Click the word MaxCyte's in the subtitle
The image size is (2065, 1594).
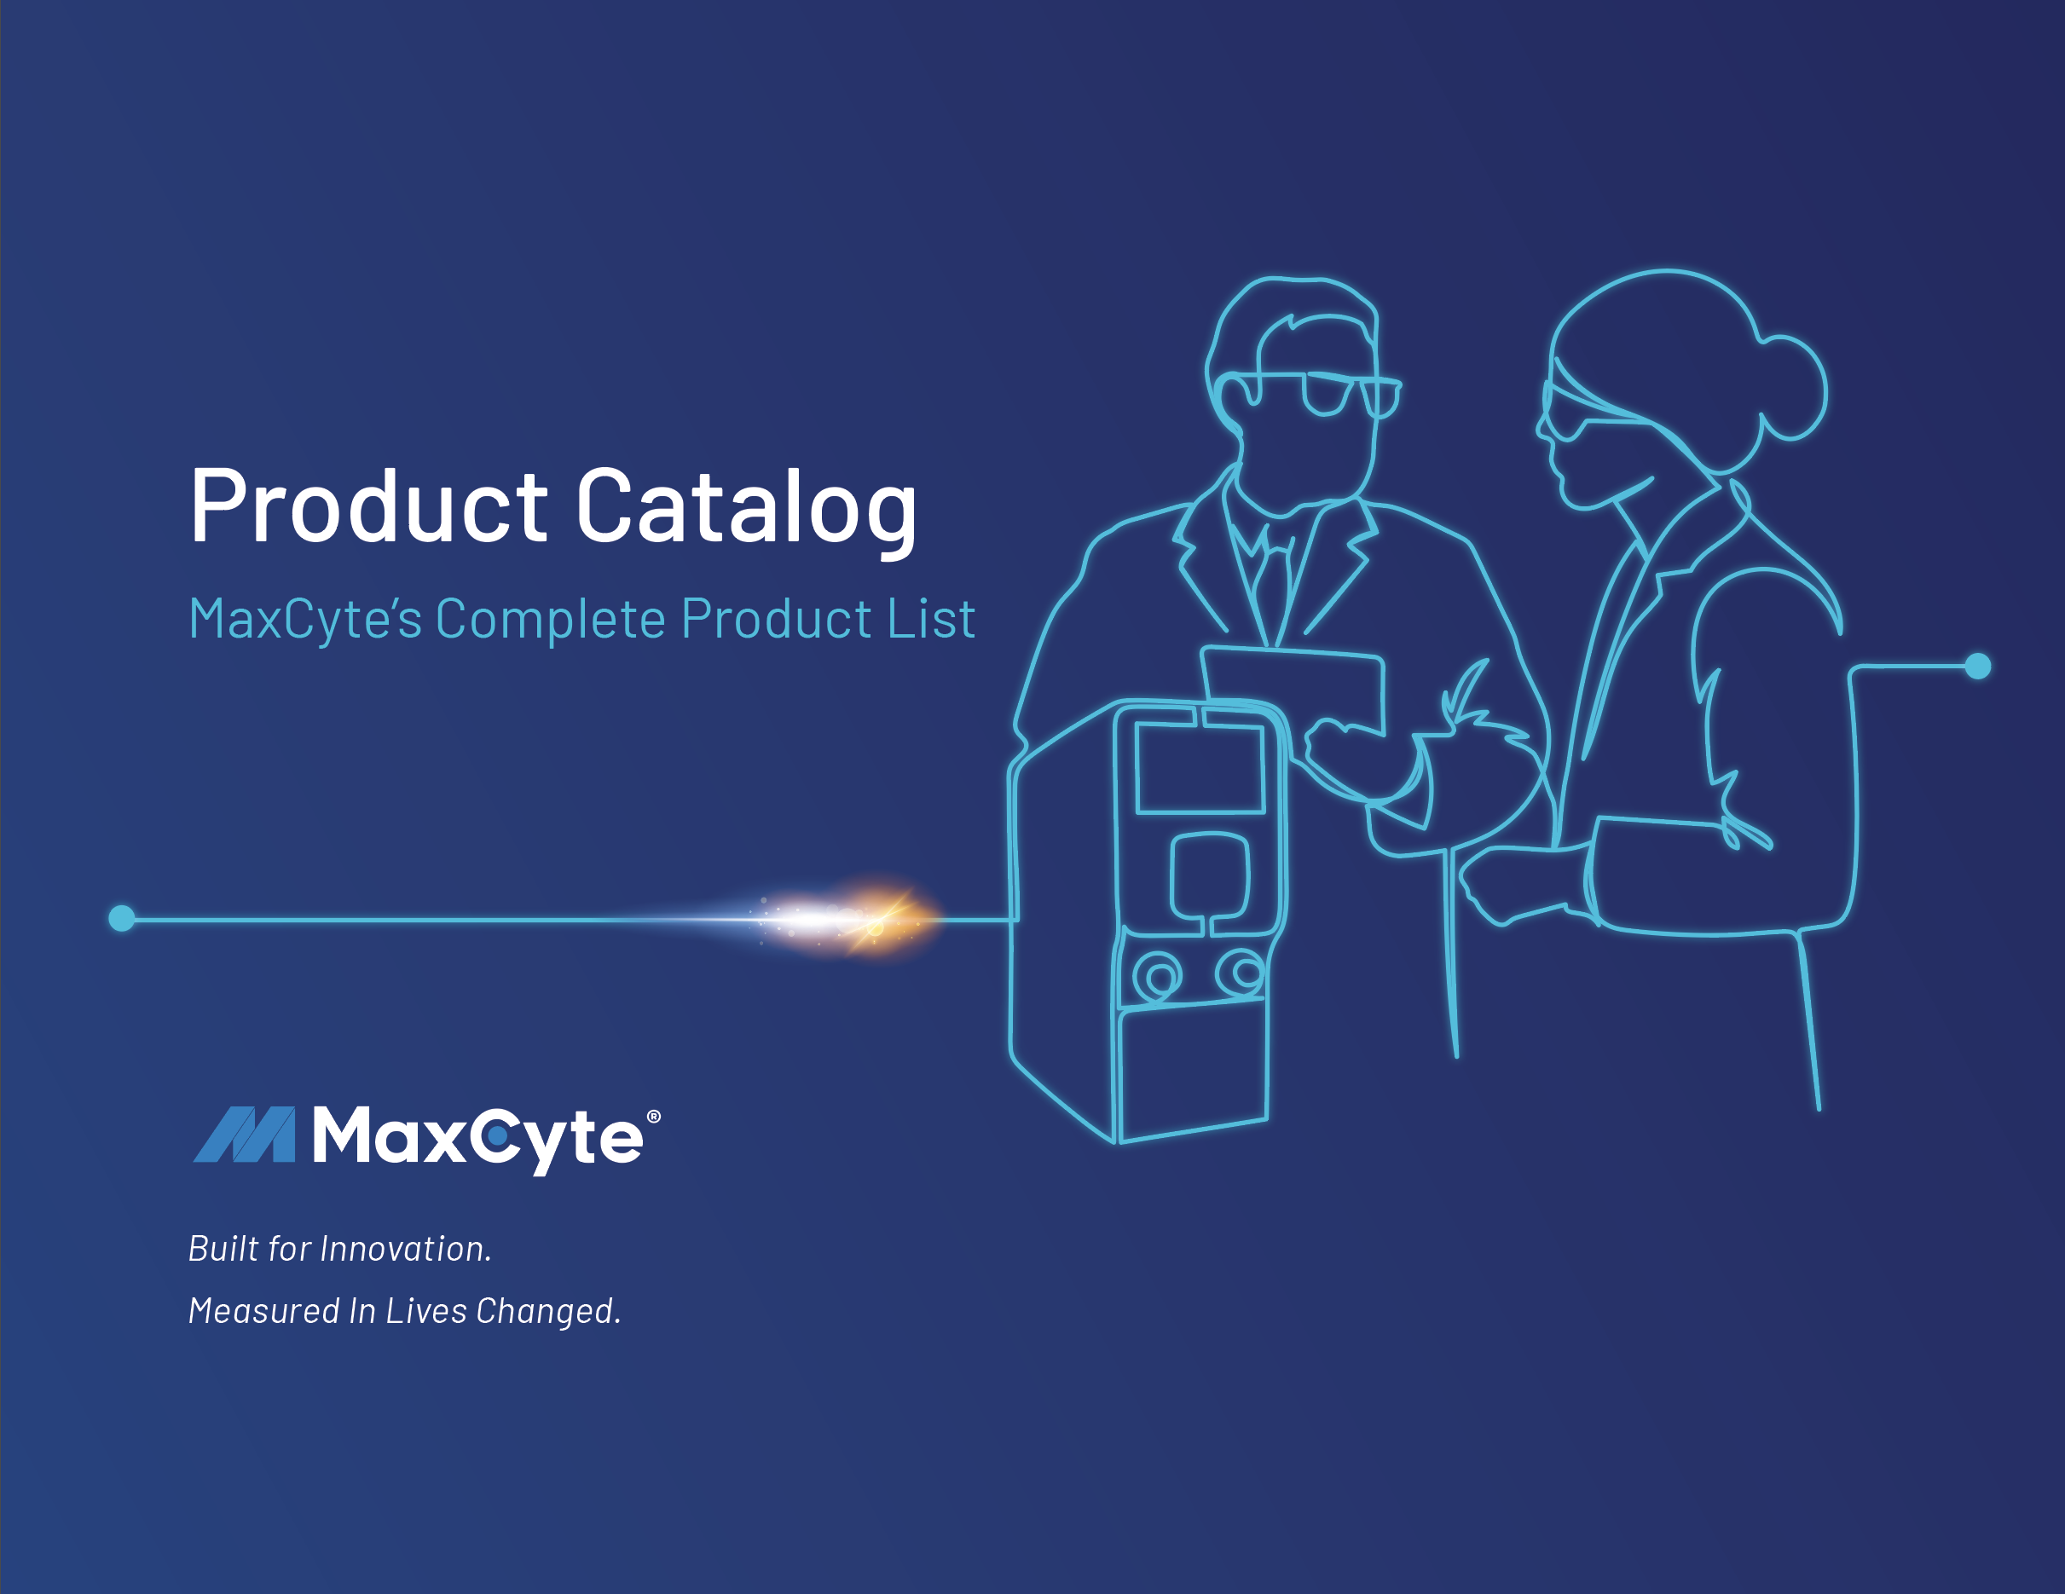click(x=304, y=619)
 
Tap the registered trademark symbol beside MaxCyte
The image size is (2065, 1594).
click(x=652, y=1117)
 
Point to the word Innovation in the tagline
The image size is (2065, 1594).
click(x=406, y=1249)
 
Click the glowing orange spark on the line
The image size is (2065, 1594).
click(x=876, y=919)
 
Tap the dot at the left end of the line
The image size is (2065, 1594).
click(x=122, y=918)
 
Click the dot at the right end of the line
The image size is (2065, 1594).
click(x=1977, y=666)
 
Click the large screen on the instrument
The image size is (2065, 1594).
click(x=1200, y=768)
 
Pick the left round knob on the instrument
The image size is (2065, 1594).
click(x=1158, y=975)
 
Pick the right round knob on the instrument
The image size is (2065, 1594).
click(x=1241, y=972)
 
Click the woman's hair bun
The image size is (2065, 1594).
click(x=1790, y=388)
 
